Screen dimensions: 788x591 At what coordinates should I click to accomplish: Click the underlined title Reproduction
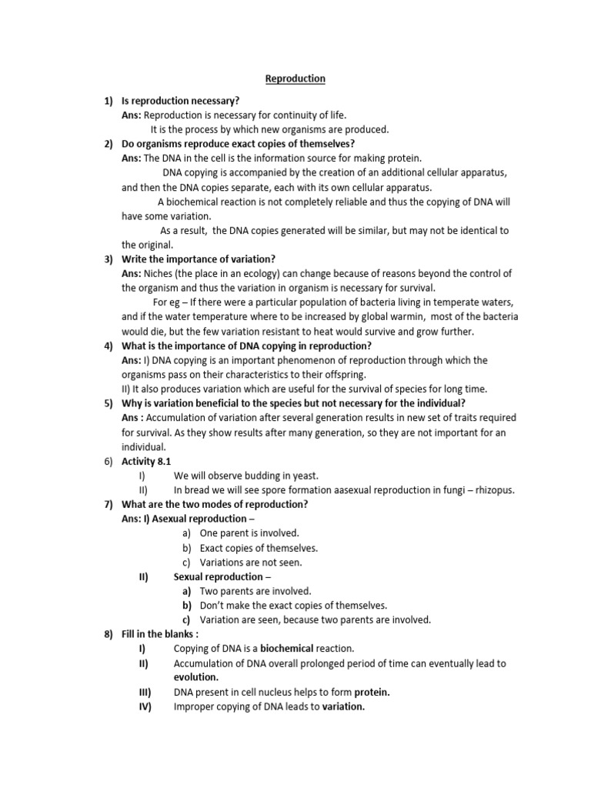(x=295, y=78)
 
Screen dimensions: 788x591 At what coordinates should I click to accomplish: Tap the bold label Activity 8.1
(x=146, y=461)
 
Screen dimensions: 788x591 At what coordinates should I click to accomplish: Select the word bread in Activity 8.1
(x=197, y=489)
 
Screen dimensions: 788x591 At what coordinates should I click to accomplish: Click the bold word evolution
(x=195, y=677)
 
